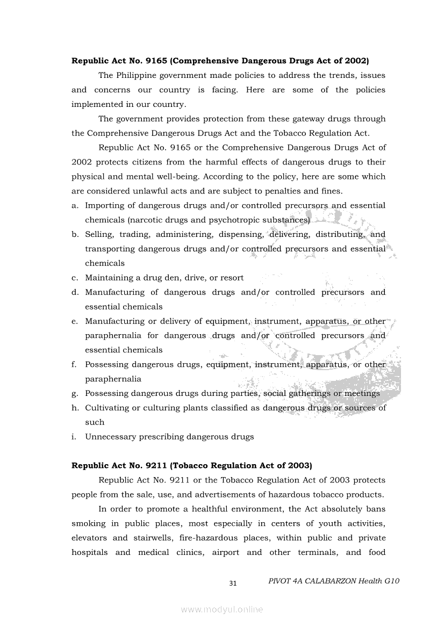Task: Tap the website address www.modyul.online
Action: (x=222, y=609)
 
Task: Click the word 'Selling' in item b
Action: (x=99, y=234)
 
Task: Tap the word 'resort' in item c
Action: (x=232, y=278)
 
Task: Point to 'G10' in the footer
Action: (x=392, y=581)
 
